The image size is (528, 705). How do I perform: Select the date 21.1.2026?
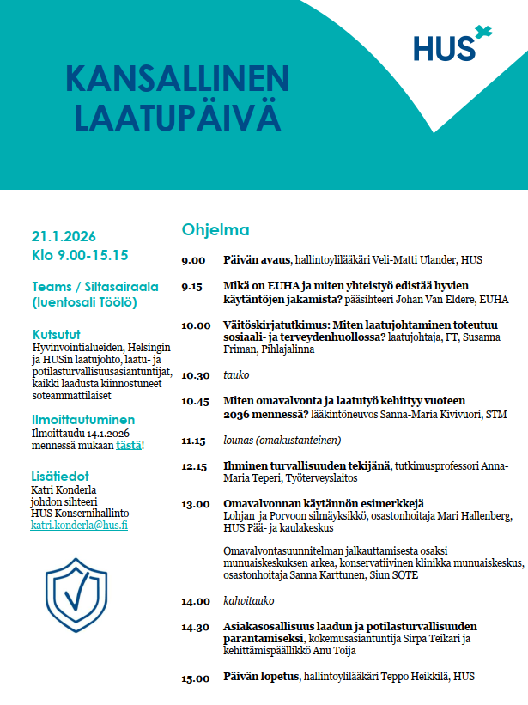(x=64, y=236)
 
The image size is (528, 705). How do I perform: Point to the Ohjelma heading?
(x=215, y=230)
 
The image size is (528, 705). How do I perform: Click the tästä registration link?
(x=129, y=445)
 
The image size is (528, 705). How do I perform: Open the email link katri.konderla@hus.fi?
(x=79, y=525)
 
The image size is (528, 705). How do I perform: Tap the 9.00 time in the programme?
(x=193, y=260)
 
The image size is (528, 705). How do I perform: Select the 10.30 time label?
(x=195, y=375)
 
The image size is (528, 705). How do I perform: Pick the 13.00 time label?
(x=195, y=503)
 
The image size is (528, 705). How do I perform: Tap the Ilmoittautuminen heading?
(x=83, y=420)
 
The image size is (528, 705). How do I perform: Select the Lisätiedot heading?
(x=60, y=476)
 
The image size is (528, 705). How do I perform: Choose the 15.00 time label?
(x=195, y=678)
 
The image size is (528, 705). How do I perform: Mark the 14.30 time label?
(x=195, y=627)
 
